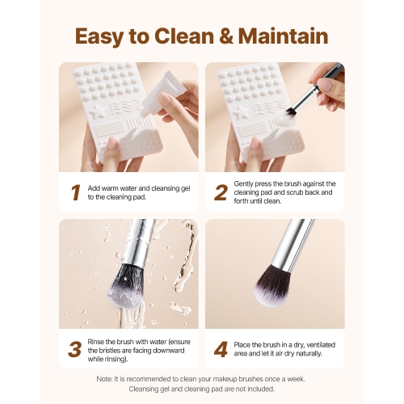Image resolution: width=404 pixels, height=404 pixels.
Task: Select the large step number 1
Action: point(74,192)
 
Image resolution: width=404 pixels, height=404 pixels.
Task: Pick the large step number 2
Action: point(219,192)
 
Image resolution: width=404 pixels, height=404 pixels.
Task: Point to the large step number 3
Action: point(74,349)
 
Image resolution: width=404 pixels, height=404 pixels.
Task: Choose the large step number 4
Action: point(219,349)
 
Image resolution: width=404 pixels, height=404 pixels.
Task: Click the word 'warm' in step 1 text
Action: point(116,187)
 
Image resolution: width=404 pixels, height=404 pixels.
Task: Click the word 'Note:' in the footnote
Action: point(107,379)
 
